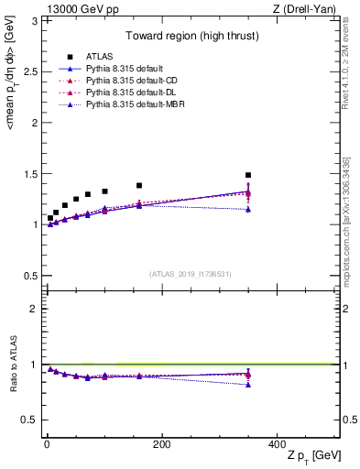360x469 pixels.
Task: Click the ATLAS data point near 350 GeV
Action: [x=247, y=175]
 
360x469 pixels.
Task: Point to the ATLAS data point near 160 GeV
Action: [x=139, y=186]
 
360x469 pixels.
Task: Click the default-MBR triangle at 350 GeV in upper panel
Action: [x=247, y=209]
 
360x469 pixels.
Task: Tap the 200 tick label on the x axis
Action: [x=161, y=442]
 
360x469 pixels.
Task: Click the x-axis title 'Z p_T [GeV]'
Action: [x=311, y=456]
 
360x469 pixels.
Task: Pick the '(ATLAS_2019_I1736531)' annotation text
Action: [x=191, y=273]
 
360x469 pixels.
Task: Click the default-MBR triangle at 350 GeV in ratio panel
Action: [x=247, y=384]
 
